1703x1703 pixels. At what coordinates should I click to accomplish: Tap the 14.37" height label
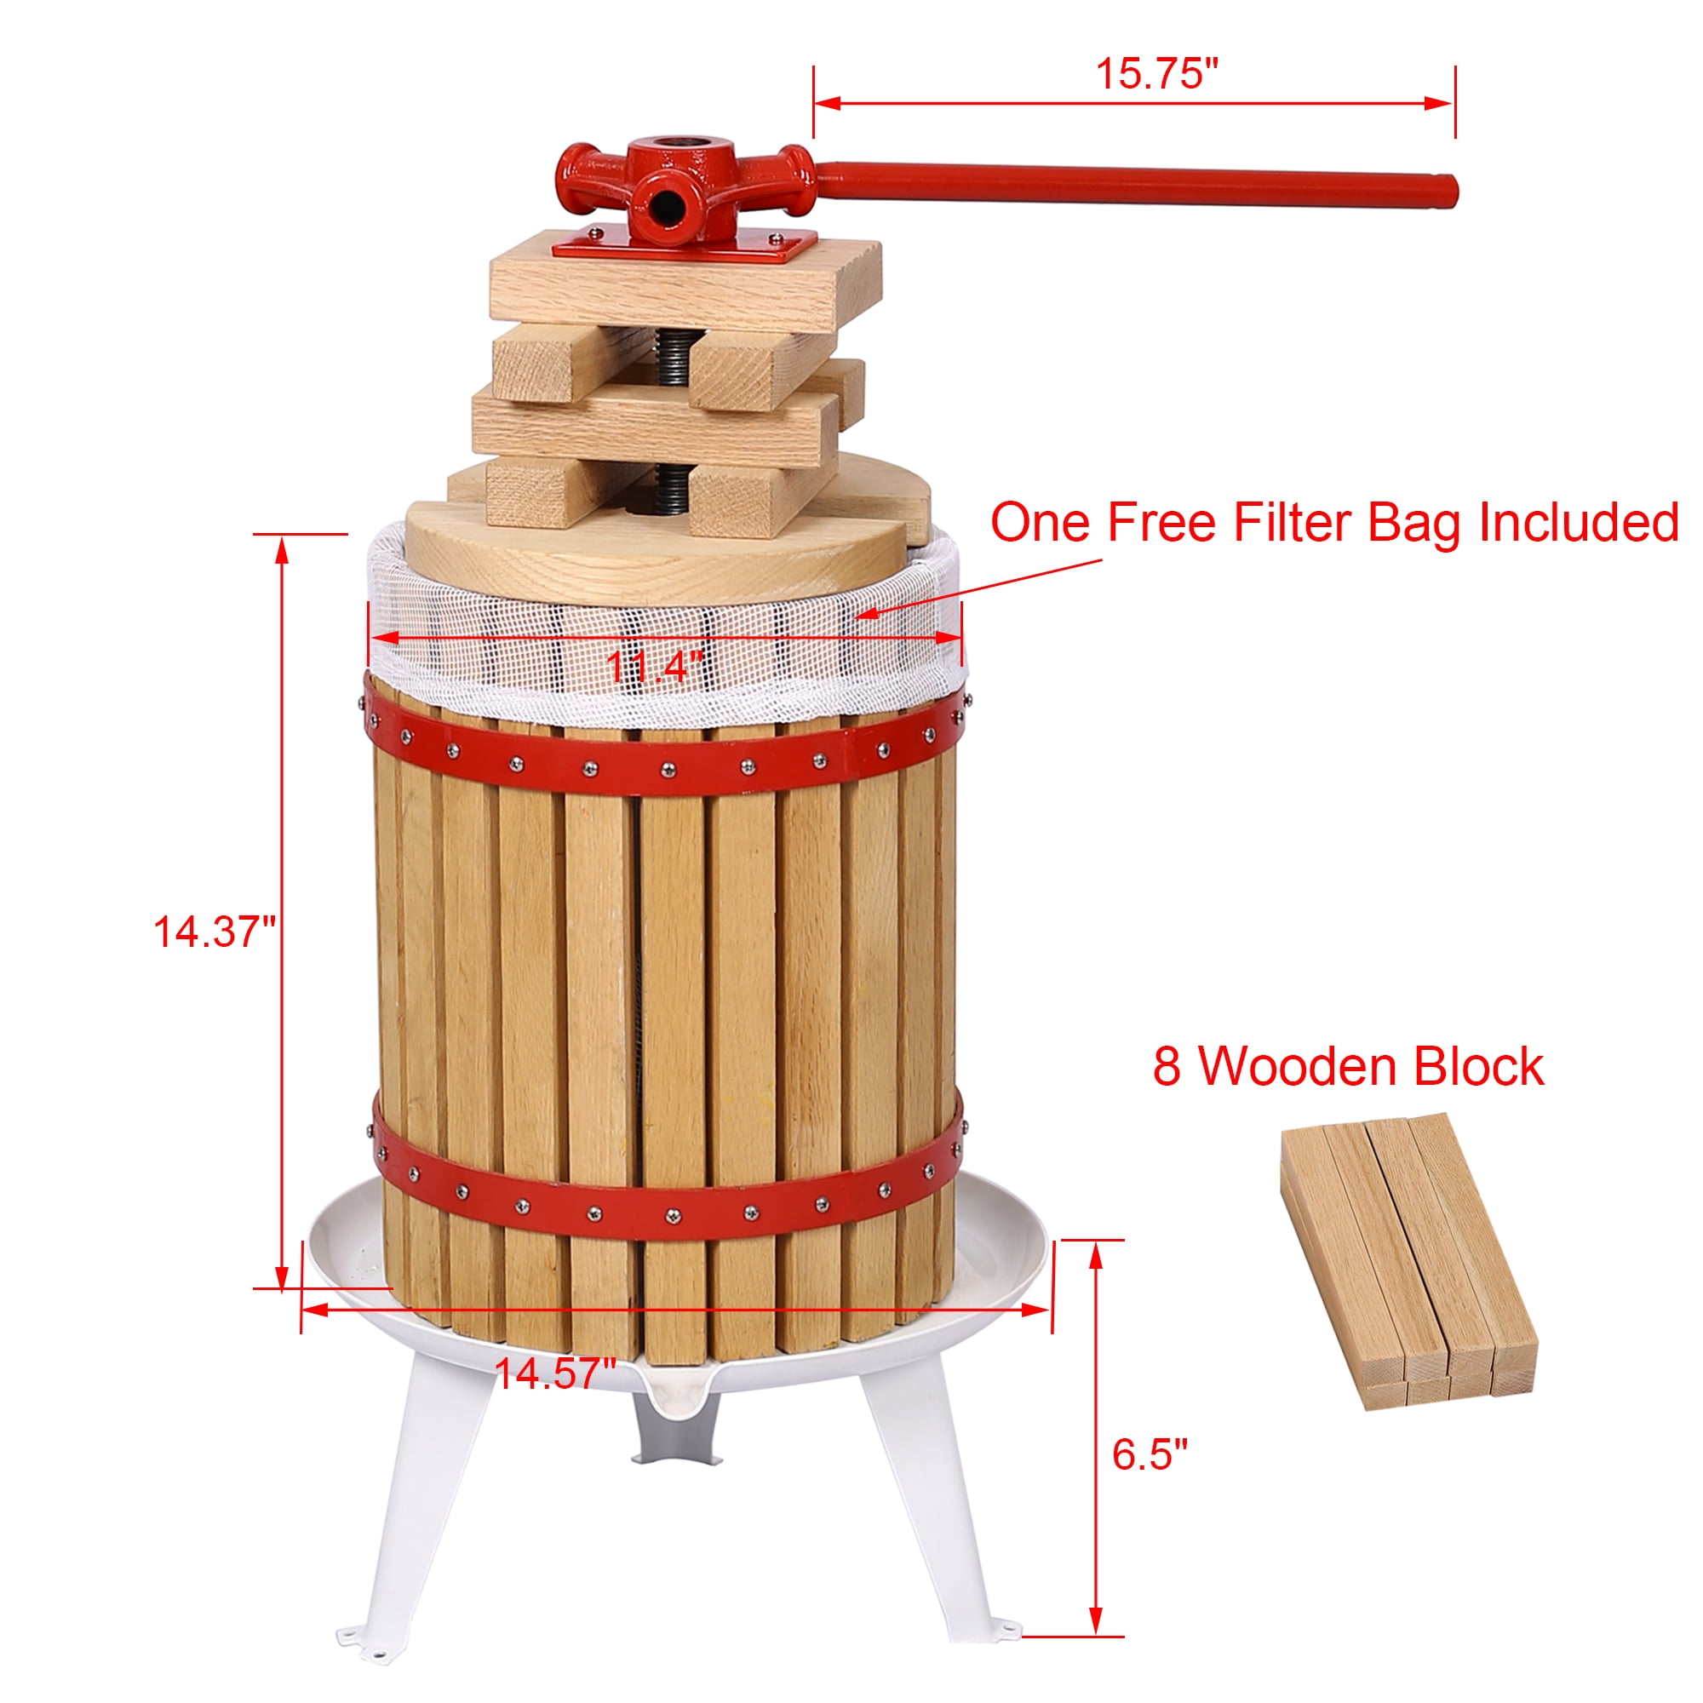click(x=215, y=932)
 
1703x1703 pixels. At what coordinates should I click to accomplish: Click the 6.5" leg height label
click(x=1150, y=1454)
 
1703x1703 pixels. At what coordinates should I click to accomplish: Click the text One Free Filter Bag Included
click(x=1333, y=523)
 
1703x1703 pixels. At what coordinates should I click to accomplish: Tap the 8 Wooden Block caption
click(x=1348, y=1067)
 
